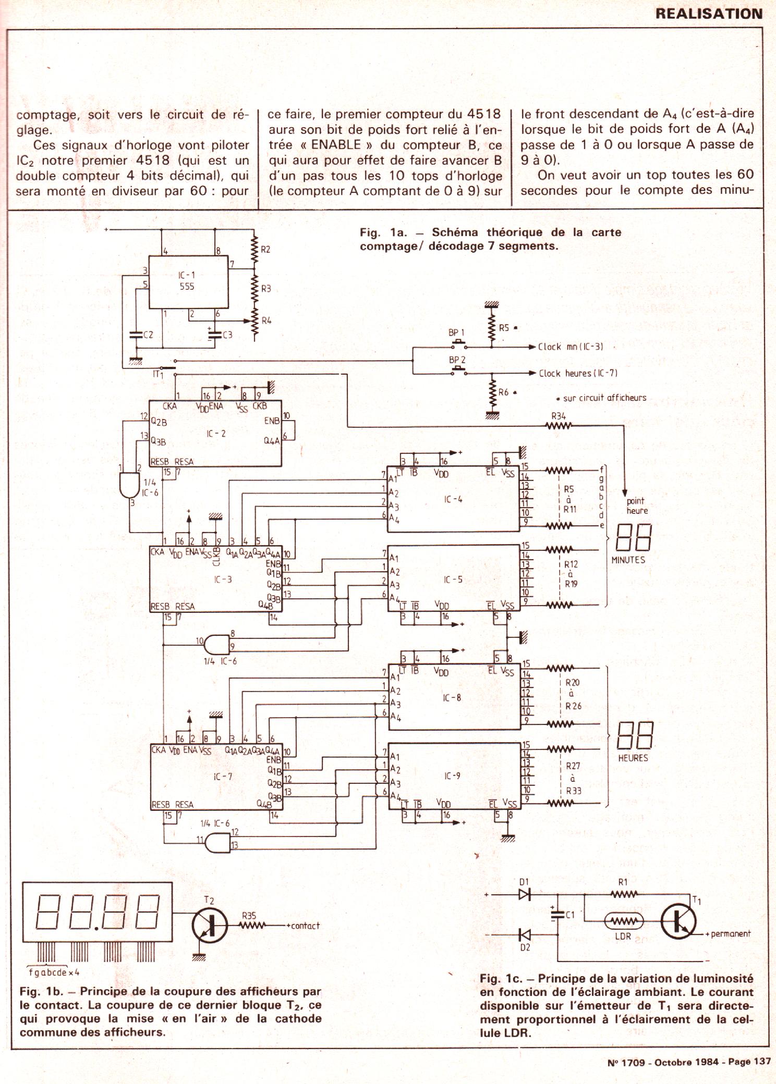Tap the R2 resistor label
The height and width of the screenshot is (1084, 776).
click(x=265, y=250)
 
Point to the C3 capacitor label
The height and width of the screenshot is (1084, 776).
click(x=227, y=335)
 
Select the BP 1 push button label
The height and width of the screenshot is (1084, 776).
click(x=456, y=332)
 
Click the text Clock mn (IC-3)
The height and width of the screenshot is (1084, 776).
click(x=571, y=347)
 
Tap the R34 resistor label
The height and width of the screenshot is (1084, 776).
click(x=558, y=416)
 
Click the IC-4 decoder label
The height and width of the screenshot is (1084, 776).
click(x=453, y=499)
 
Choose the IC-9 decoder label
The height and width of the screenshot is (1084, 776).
click(x=452, y=776)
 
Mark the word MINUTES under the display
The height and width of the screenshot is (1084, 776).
click(x=628, y=560)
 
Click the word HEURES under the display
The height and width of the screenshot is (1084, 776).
click(x=633, y=758)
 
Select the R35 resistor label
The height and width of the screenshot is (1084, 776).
click(x=249, y=915)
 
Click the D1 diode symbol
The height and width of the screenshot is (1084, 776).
click(x=524, y=894)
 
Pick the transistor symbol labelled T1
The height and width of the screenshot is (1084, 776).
click(x=678, y=921)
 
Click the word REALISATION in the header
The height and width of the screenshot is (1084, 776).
click(x=709, y=14)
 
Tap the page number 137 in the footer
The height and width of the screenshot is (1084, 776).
click(x=761, y=1062)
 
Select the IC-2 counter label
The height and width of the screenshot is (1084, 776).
click(x=216, y=434)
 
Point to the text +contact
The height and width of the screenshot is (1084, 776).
click(x=302, y=926)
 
